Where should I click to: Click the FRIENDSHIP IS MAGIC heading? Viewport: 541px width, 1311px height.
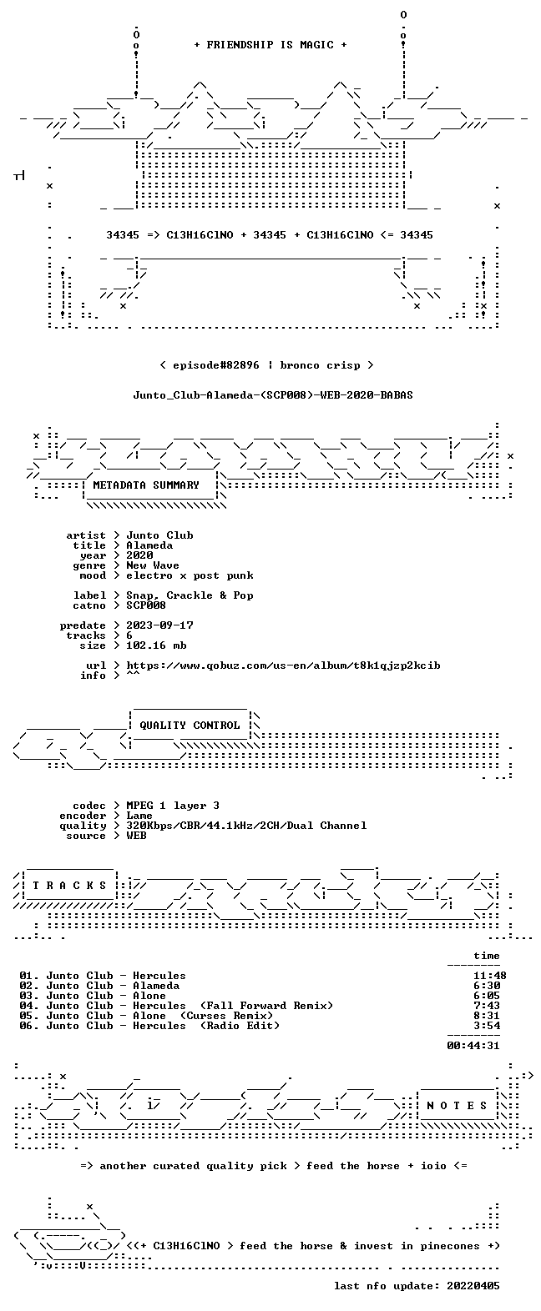270,45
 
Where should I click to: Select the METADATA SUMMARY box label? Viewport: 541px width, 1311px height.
146,485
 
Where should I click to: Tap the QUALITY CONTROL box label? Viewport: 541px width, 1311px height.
190,726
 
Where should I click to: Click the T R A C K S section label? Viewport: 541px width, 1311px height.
69,886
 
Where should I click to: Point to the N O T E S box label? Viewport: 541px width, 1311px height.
457,1106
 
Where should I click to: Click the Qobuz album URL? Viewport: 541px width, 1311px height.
283,666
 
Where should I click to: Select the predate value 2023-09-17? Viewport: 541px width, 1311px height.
159,625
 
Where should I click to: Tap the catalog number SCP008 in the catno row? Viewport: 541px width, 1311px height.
146,605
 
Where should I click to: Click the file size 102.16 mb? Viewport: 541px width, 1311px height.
156,645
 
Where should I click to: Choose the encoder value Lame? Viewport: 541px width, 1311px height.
139,816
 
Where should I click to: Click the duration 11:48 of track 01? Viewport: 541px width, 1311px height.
489,976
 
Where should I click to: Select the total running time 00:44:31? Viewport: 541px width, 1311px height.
473,1046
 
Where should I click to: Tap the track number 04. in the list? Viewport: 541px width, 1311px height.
28,1006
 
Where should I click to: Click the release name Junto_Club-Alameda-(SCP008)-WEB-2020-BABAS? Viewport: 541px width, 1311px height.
272,395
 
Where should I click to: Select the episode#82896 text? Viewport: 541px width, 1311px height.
215,365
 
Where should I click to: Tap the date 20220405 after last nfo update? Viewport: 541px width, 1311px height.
473,1286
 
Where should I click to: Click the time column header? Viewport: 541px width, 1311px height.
487,956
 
